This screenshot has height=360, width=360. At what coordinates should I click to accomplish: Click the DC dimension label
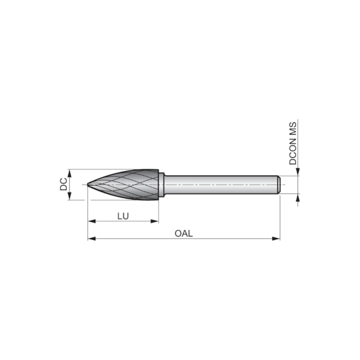(64, 184)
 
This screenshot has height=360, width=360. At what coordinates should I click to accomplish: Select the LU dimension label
(123, 215)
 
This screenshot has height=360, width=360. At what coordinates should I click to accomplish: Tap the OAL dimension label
(183, 233)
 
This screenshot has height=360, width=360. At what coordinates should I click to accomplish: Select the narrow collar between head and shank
(162, 184)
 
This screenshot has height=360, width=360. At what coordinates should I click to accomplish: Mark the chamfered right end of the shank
(278, 184)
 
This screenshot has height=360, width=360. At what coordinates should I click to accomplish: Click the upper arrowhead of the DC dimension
(70, 172)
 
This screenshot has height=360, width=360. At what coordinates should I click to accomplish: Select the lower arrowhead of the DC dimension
(70, 197)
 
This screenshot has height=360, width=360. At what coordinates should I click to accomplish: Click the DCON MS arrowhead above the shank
(297, 172)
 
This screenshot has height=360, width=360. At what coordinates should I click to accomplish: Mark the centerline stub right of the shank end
(284, 184)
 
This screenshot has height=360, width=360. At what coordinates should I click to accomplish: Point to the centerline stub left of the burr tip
(84, 184)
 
